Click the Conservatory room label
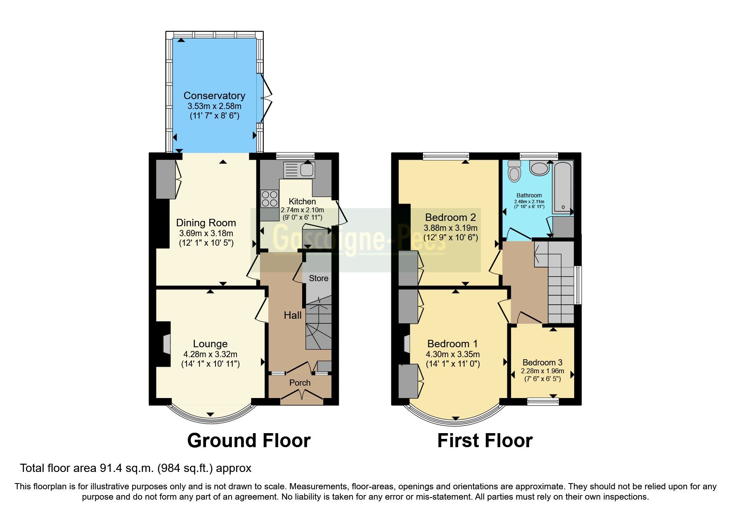pos(214,96)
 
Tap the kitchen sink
pos(299,170)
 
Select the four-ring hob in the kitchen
pos(270,198)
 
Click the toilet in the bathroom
pos(514,171)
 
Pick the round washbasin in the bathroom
pos(539,168)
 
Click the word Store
pos(319,278)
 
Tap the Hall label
pos(293,315)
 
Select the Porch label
pos(300,383)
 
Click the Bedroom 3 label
pos(542,363)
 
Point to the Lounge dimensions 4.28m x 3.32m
pos(211,354)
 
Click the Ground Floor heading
pos(249,441)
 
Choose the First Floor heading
pos(485,441)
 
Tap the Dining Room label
pos(206,223)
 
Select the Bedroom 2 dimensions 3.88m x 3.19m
pos(451,228)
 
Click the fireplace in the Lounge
pos(166,344)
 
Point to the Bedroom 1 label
pos(452,344)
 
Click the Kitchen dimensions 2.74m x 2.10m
pos(302,210)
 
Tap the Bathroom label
pos(529,195)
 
